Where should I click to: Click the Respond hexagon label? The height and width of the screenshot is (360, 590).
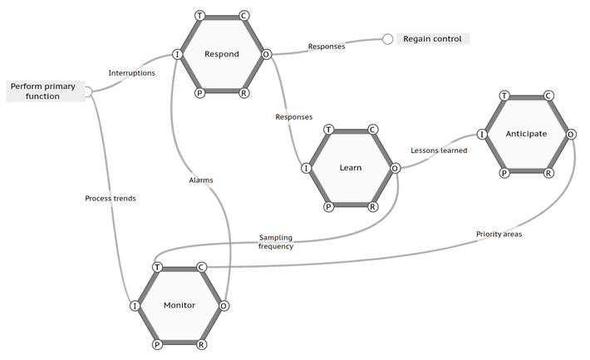point(222,55)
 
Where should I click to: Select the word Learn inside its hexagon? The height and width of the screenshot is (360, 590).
point(351,168)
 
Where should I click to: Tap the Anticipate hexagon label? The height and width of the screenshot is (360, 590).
point(526,133)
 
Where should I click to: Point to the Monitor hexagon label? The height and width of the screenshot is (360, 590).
point(179,305)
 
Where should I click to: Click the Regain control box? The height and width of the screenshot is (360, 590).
point(434,38)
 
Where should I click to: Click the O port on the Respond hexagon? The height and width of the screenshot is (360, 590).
point(267,55)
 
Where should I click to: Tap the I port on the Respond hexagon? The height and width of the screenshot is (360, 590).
point(177,55)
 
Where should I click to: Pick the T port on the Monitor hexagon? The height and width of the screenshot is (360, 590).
point(157,267)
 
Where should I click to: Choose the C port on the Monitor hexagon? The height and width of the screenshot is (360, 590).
point(201,267)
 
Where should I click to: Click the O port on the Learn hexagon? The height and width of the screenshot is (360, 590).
point(395,168)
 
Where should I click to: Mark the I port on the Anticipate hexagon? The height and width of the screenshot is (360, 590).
point(482,133)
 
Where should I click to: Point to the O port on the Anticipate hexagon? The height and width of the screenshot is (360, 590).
point(571,133)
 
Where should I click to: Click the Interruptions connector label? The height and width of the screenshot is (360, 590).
point(131,73)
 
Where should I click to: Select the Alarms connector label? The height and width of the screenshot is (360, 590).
point(201,180)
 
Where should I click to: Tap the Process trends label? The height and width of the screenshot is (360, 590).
point(111,199)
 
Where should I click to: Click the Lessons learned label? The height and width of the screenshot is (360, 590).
point(439,150)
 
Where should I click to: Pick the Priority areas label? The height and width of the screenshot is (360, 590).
point(499,234)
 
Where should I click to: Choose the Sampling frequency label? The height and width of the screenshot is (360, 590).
point(275,242)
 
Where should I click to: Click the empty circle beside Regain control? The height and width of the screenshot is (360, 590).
point(387,39)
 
